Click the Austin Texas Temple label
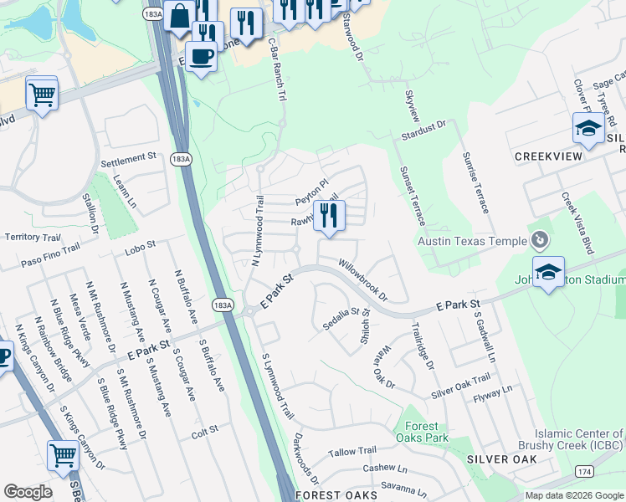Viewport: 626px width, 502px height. [473, 241]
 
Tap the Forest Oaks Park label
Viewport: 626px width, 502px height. [421, 431]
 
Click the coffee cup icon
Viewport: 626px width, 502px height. [201, 57]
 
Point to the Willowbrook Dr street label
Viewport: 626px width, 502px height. [363, 279]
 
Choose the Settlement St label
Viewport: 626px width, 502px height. [129, 156]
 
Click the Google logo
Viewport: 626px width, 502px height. [28, 492]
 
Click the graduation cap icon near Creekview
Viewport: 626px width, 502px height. [588, 129]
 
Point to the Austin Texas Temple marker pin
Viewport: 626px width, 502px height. [540, 240]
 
